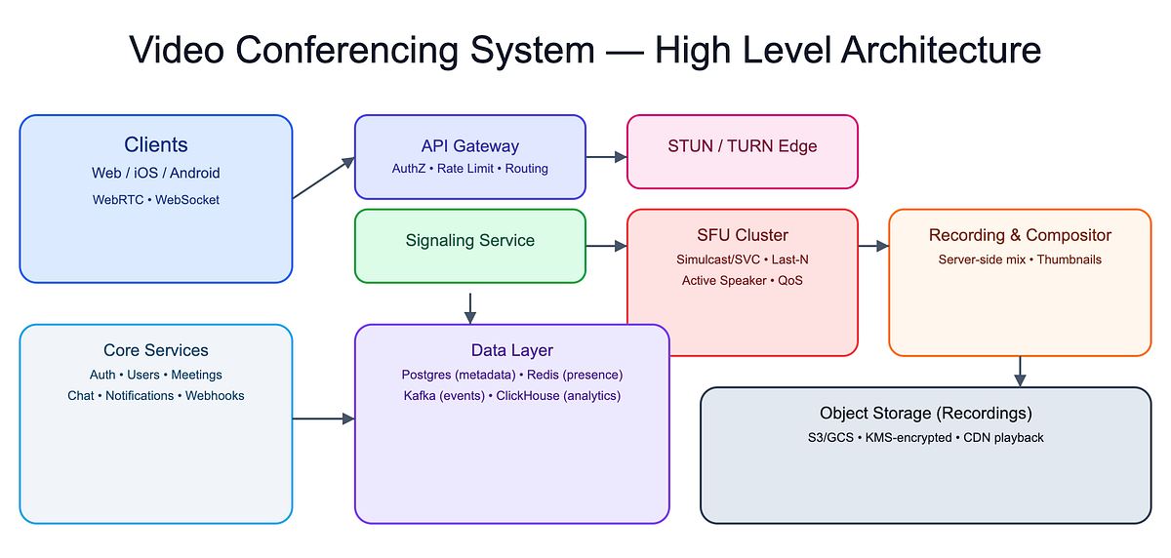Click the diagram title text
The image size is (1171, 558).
(585, 50)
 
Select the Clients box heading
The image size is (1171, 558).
(156, 145)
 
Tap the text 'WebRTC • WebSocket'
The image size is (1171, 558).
(156, 200)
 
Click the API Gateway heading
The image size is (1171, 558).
(469, 146)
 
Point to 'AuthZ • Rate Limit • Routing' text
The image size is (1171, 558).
(469, 169)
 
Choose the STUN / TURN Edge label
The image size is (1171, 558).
(742, 146)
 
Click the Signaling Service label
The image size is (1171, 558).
(469, 240)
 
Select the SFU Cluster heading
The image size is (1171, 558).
(742, 235)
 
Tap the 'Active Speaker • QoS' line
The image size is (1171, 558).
(742, 281)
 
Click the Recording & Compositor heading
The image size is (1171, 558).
(1020, 235)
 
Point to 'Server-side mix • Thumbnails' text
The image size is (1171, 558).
(1020, 259)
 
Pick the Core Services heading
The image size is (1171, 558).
(156, 350)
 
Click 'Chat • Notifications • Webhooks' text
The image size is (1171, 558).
(156, 396)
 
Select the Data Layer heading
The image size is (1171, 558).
(511, 350)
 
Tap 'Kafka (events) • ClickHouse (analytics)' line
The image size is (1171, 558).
(511, 396)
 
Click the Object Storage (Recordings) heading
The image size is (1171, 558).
(925, 414)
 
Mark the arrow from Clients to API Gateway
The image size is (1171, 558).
(323, 179)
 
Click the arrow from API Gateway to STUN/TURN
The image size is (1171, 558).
(606, 156)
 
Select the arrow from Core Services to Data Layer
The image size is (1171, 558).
(323, 419)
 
